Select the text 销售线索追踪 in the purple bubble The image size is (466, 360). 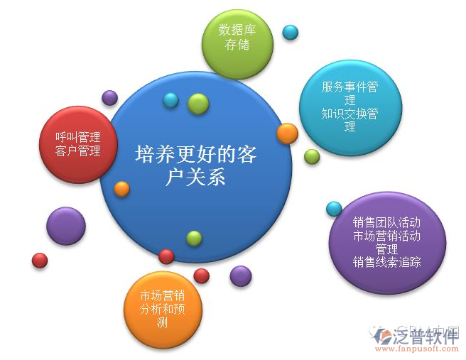[387, 262]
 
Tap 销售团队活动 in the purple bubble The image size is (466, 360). [387, 222]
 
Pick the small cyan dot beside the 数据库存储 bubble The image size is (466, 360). [290, 32]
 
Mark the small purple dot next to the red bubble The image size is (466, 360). [109, 97]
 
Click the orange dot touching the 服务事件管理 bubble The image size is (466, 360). [287, 133]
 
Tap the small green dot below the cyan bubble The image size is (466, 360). [312, 156]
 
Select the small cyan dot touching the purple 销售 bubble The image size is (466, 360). [334, 209]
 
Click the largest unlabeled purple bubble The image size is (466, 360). [65, 226]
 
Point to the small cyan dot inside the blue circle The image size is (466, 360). [170, 100]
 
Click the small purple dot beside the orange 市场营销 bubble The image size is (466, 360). [241, 276]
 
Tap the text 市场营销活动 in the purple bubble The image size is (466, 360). [387, 236]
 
